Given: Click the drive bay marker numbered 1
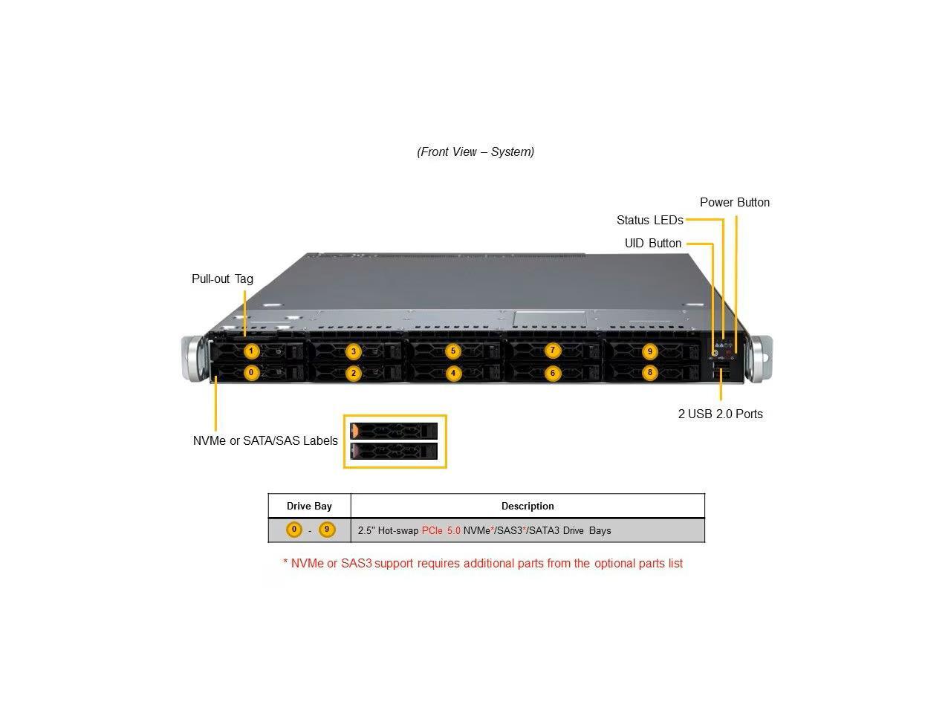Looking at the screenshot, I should (252, 351).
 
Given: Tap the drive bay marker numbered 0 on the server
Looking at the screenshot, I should (252, 372).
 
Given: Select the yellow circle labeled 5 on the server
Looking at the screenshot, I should (452, 351).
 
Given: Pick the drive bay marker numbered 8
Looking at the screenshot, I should (650, 373).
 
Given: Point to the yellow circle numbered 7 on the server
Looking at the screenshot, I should (552, 351).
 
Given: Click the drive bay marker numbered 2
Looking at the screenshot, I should (354, 373).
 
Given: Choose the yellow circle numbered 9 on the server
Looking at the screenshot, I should (650, 351).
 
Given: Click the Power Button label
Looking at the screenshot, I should (734, 202).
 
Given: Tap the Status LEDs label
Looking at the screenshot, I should (649, 220).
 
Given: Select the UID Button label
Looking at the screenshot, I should (652, 243).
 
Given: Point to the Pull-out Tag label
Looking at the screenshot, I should (222, 279).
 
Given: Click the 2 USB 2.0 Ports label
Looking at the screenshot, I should (720, 414).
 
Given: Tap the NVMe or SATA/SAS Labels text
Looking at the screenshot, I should (265, 440).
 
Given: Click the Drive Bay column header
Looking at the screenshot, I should (309, 506).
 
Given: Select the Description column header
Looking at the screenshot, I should (528, 506).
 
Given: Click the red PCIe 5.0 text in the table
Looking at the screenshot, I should (441, 530).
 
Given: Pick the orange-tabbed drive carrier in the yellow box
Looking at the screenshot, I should (394, 431).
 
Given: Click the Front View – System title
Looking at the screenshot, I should (475, 152).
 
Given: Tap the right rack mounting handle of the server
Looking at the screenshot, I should (762, 359).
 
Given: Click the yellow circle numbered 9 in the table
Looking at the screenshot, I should (327, 530).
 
